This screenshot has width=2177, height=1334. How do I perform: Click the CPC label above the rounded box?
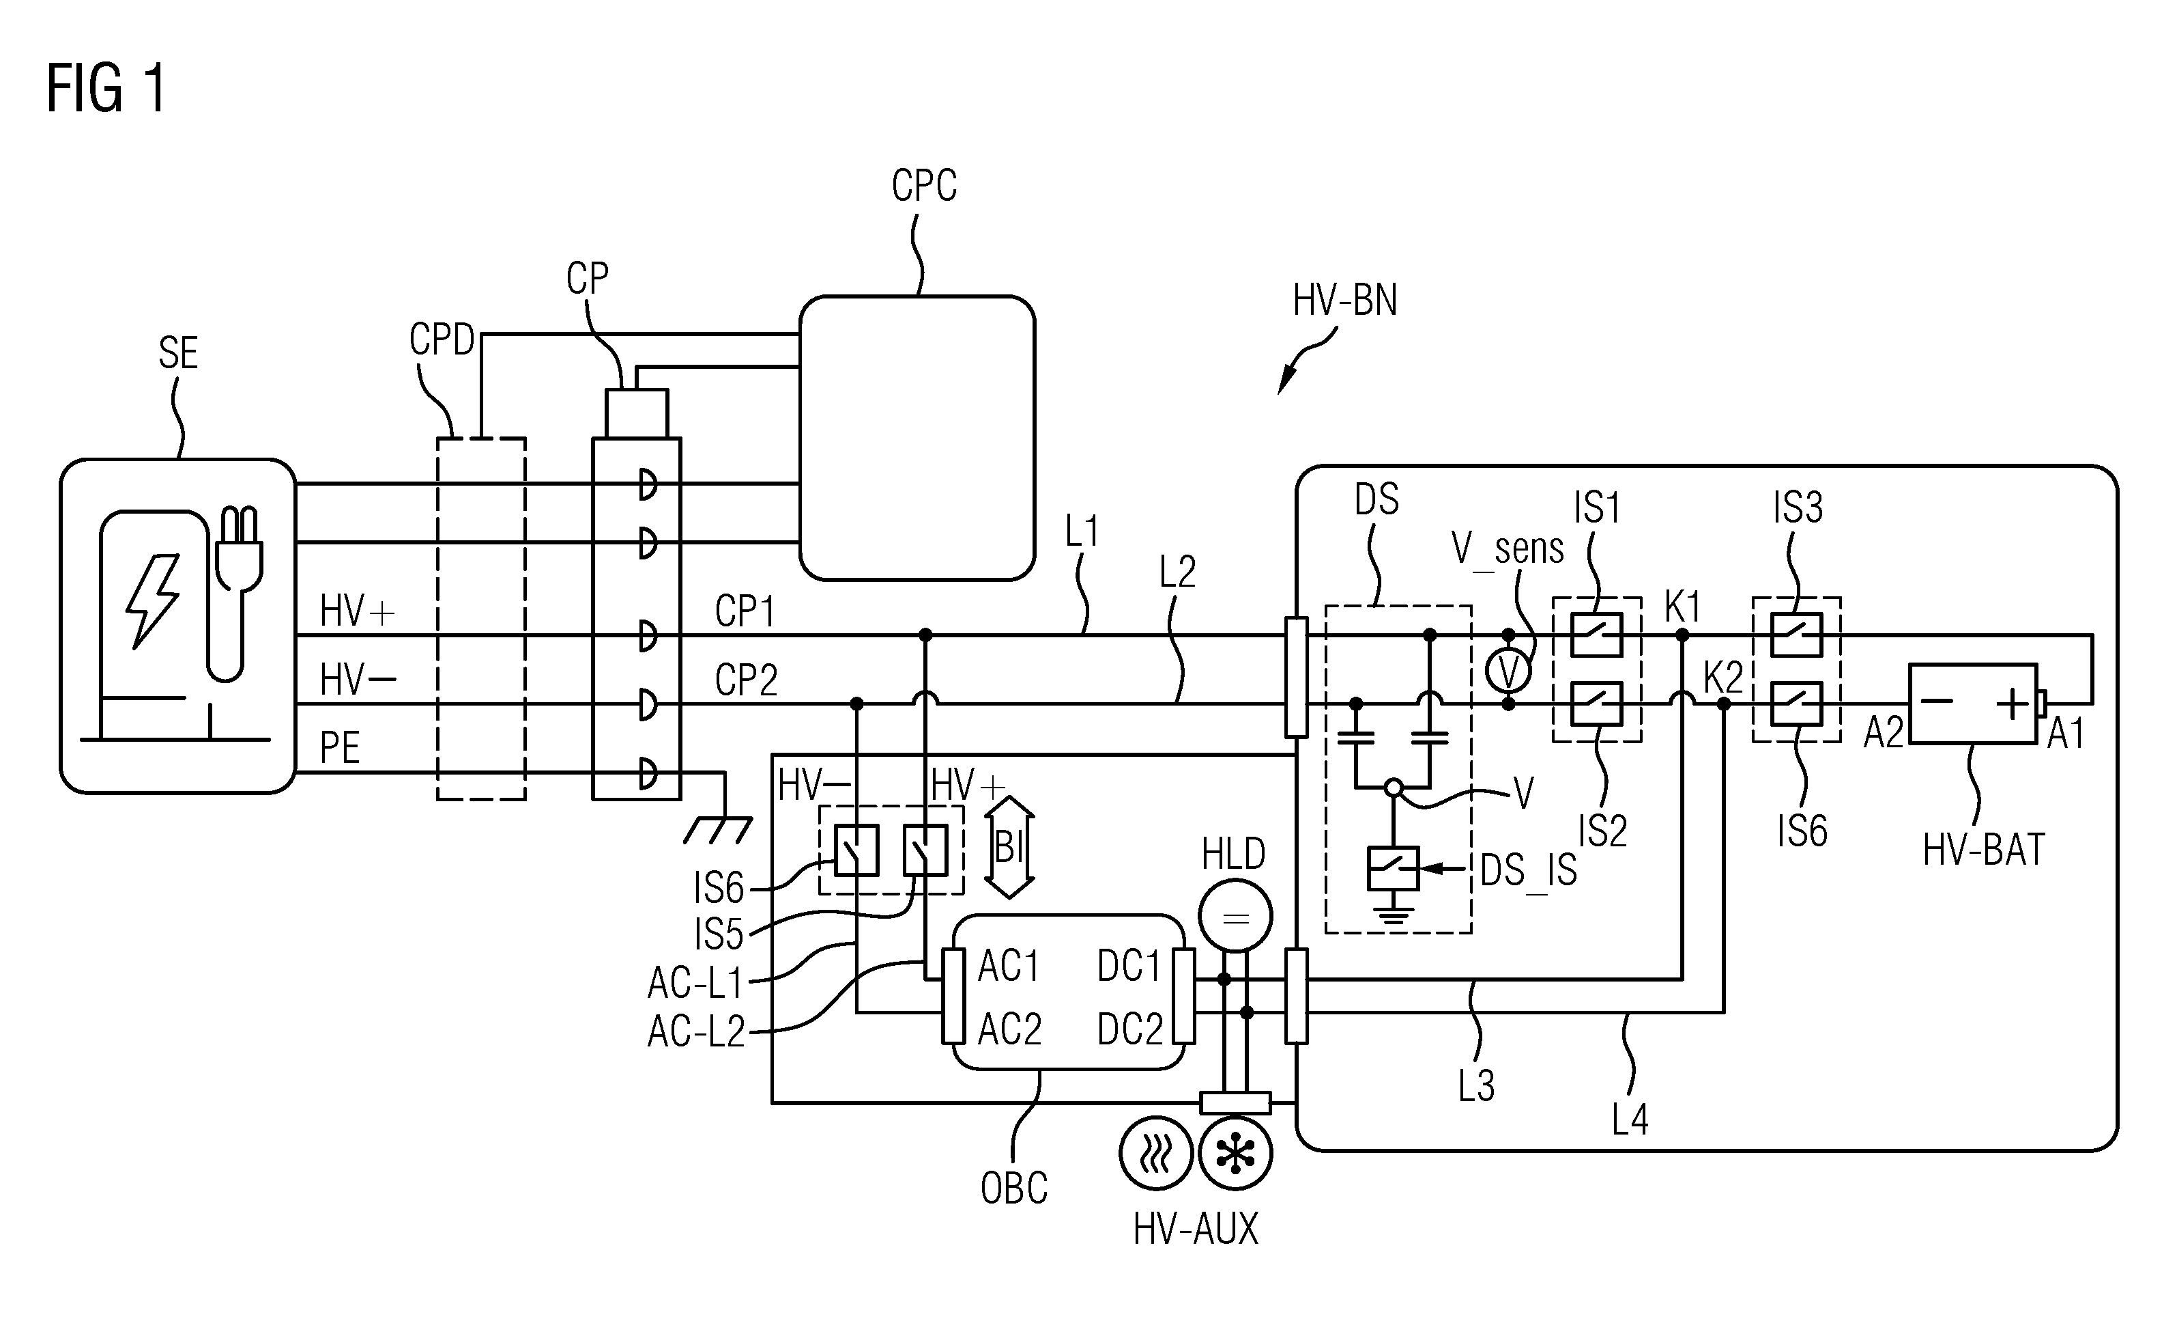(924, 186)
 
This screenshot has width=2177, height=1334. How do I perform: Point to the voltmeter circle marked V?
(1508, 671)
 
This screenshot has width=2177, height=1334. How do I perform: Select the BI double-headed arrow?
(1009, 847)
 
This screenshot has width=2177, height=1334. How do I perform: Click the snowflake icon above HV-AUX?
(1235, 1154)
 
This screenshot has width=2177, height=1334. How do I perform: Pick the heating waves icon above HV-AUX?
(1157, 1154)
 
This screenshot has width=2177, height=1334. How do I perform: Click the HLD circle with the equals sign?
(1235, 916)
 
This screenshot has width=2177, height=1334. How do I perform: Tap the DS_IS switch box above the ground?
(1394, 869)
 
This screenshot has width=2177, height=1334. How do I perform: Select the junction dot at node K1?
(1682, 635)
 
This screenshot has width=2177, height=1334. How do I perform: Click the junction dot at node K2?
(1724, 704)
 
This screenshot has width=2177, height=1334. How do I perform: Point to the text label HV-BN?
(1344, 301)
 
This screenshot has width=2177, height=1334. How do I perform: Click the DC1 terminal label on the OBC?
(1129, 967)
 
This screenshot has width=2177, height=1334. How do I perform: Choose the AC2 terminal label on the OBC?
(1009, 1028)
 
